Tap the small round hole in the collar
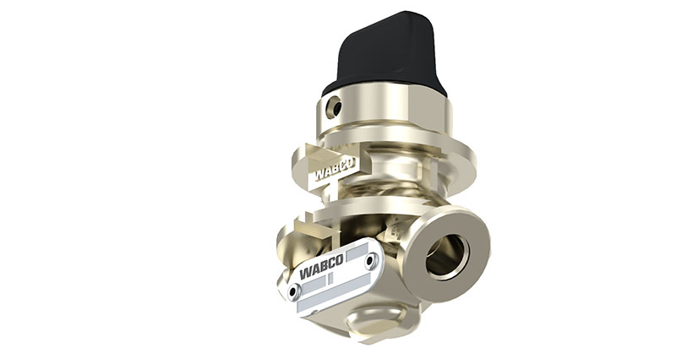tap(335, 107)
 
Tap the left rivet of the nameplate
tap(293, 291)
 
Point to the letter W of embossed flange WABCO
tap(320, 175)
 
